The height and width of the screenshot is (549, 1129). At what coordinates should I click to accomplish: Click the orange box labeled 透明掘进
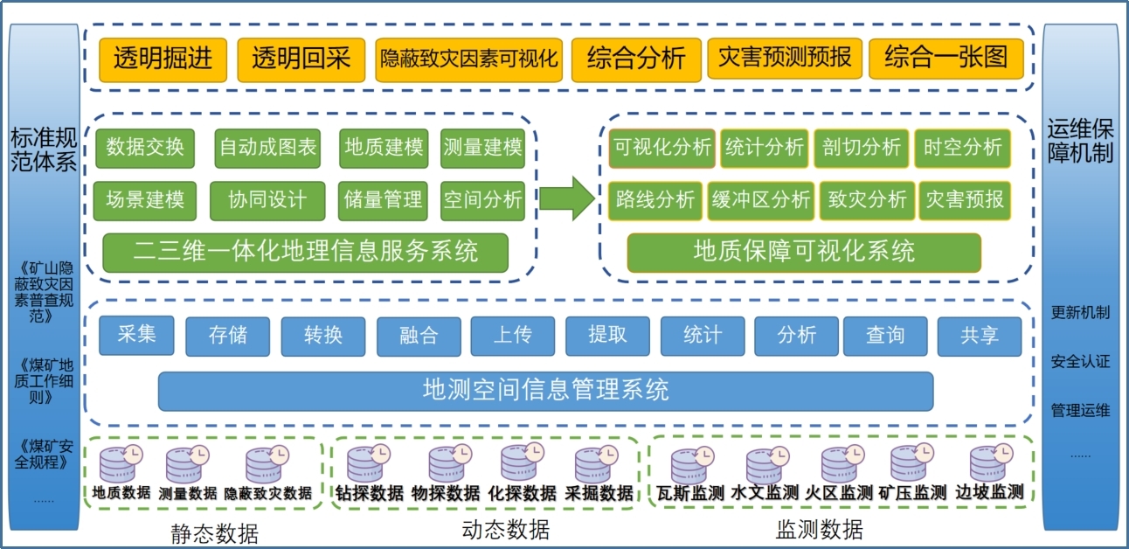click(x=163, y=59)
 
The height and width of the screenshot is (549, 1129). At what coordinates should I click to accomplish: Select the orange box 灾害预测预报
click(x=785, y=59)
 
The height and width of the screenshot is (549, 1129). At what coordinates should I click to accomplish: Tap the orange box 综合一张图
click(x=946, y=59)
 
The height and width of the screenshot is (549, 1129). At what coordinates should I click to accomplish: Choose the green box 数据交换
click(x=145, y=148)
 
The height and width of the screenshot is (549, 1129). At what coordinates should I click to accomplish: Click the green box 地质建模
click(x=384, y=148)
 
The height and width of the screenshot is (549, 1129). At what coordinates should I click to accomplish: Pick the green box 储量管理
click(x=384, y=200)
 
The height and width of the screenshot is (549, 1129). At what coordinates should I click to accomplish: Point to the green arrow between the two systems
click(x=566, y=198)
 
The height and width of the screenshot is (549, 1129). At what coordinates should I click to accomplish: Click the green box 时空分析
click(x=962, y=148)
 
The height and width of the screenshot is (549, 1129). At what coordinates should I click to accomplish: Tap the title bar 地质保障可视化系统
click(x=804, y=253)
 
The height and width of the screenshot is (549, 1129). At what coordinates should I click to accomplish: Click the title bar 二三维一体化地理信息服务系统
click(x=305, y=253)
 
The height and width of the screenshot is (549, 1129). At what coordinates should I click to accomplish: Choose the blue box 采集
click(x=136, y=335)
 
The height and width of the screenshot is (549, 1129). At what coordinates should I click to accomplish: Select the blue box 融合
click(x=419, y=336)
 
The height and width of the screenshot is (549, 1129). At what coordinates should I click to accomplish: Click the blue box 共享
click(x=979, y=336)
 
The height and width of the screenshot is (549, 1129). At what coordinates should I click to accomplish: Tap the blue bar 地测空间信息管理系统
click(x=545, y=390)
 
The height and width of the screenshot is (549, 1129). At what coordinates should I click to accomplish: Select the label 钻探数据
click(x=370, y=494)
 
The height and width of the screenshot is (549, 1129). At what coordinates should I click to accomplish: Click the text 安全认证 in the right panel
click(x=1080, y=361)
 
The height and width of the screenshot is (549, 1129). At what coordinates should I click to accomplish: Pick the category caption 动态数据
click(x=505, y=529)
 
